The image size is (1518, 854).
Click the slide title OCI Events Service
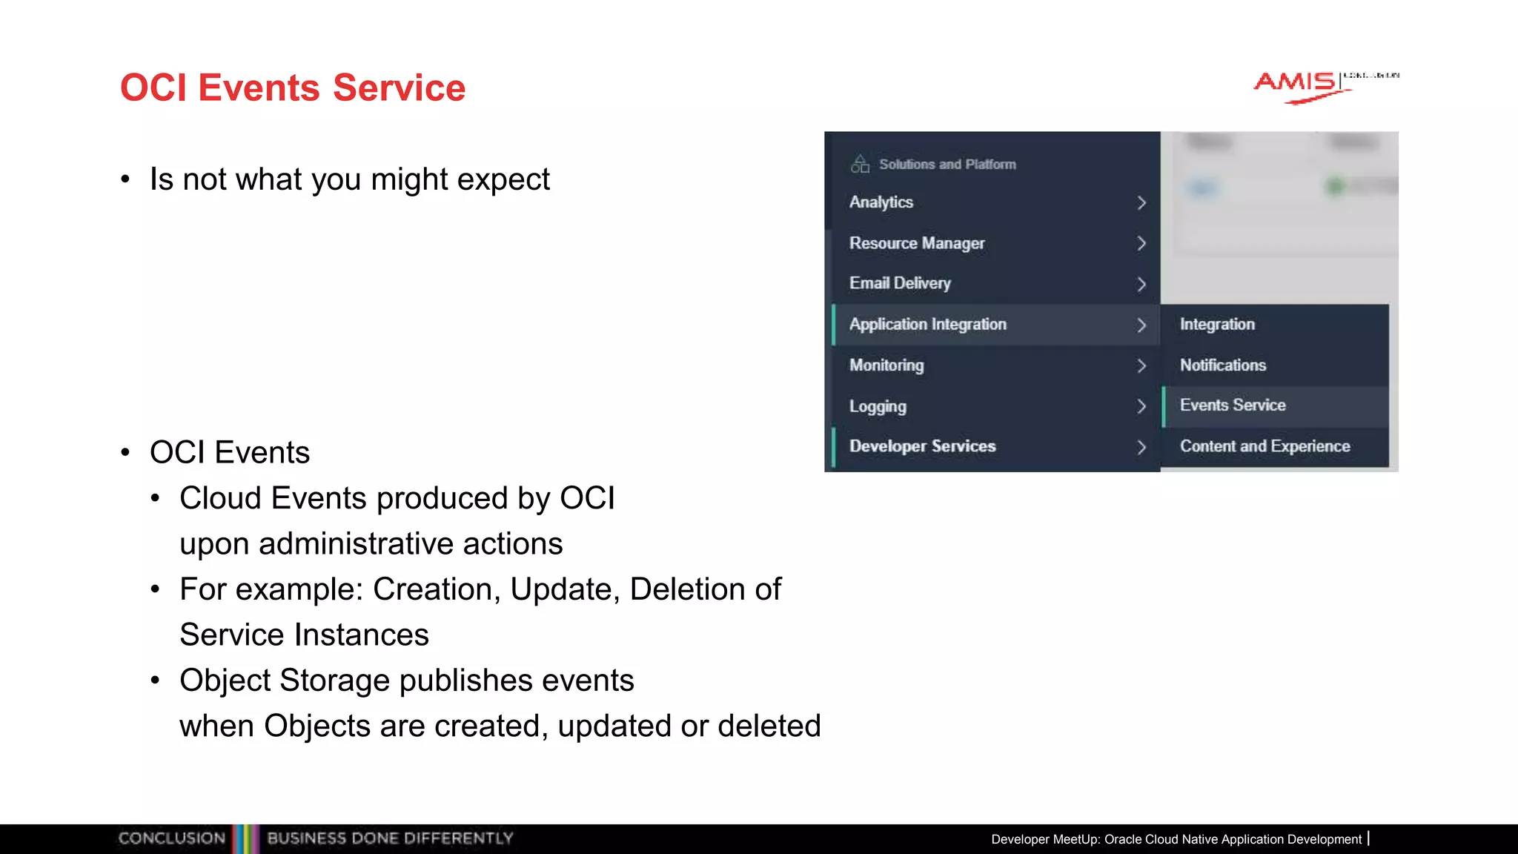pyautogui.click(x=293, y=87)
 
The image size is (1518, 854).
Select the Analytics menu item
pyautogui.click(x=881, y=202)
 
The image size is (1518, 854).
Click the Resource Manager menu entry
pyautogui.click(x=917, y=243)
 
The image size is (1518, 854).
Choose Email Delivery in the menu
pyautogui.click(x=900, y=283)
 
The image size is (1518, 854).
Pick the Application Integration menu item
pyautogui.click(x=928, y=325)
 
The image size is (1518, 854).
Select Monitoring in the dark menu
pyautogui.click(x=886, y=365)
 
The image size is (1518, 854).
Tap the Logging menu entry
pyautogui.click(x=878, y=406)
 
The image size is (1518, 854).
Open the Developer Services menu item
pyautogui.click(x=923, y=446)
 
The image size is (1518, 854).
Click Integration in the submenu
pyautogui.click(x=1217, y=325)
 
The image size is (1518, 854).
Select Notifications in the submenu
pyautogui.click(x=1223, y=365)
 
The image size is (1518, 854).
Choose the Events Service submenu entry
pyautogui.click(x=1233, y=406)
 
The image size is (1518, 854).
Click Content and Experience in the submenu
pyautogui.click(x=1265, y=446)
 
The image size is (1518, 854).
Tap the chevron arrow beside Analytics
pyautogui.click(x=1141, y=203)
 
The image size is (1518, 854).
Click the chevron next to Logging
pyautogui.click(x=1141, y=406)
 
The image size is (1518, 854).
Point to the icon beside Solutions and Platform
pyautogui.click(x=860, y=164)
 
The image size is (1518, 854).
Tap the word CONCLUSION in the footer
pyautogui.click(x=172, y=838)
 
